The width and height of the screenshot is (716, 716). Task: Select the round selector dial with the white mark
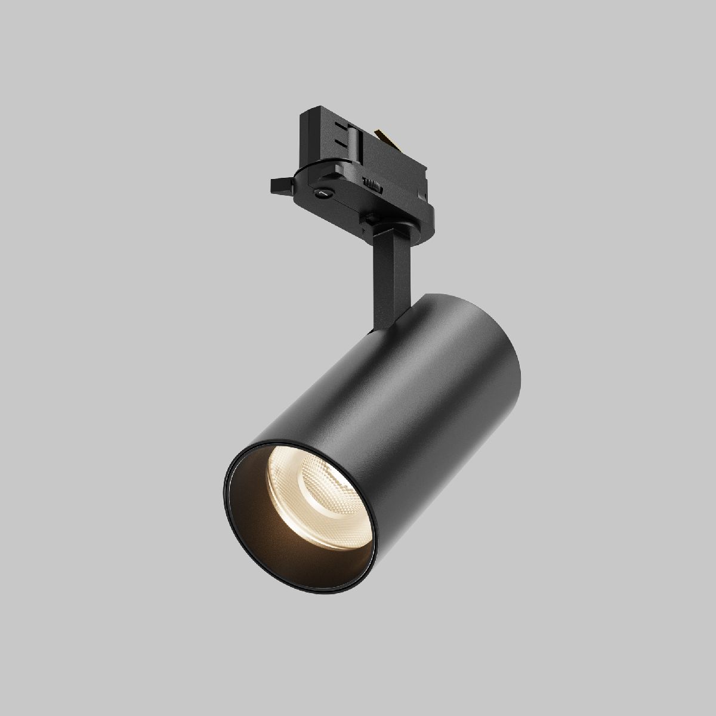pos(323,192)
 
